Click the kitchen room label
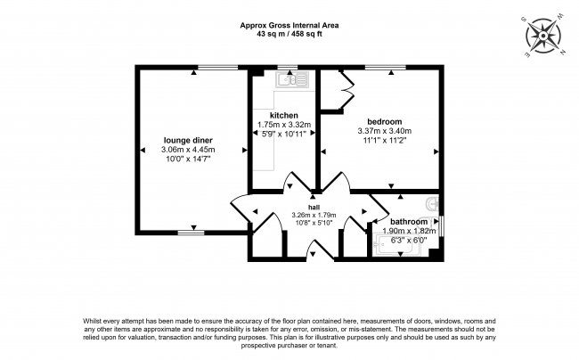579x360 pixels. coord(283,115)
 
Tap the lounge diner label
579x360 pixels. coord(188,140)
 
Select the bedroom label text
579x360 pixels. coord(385,121)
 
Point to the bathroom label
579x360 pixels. coord(409,222)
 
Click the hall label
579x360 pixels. coord(314,207)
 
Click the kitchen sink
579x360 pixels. coord(292,79)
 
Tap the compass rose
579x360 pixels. coord(542,37)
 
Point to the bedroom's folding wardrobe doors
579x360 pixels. coord(347,90)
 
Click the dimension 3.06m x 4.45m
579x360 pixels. coord(188,150)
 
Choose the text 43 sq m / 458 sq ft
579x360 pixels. coord(289,34)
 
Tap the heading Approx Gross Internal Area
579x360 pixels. coord(289,26)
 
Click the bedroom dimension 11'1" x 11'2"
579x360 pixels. coord(385,140)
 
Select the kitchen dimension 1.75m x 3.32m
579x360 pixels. coord(284,125)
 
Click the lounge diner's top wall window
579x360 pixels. coord(218,67)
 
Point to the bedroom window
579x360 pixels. coord(385,67)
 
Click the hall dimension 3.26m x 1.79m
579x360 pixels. coord(314,215)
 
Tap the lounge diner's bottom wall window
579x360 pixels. coord(191,233)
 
